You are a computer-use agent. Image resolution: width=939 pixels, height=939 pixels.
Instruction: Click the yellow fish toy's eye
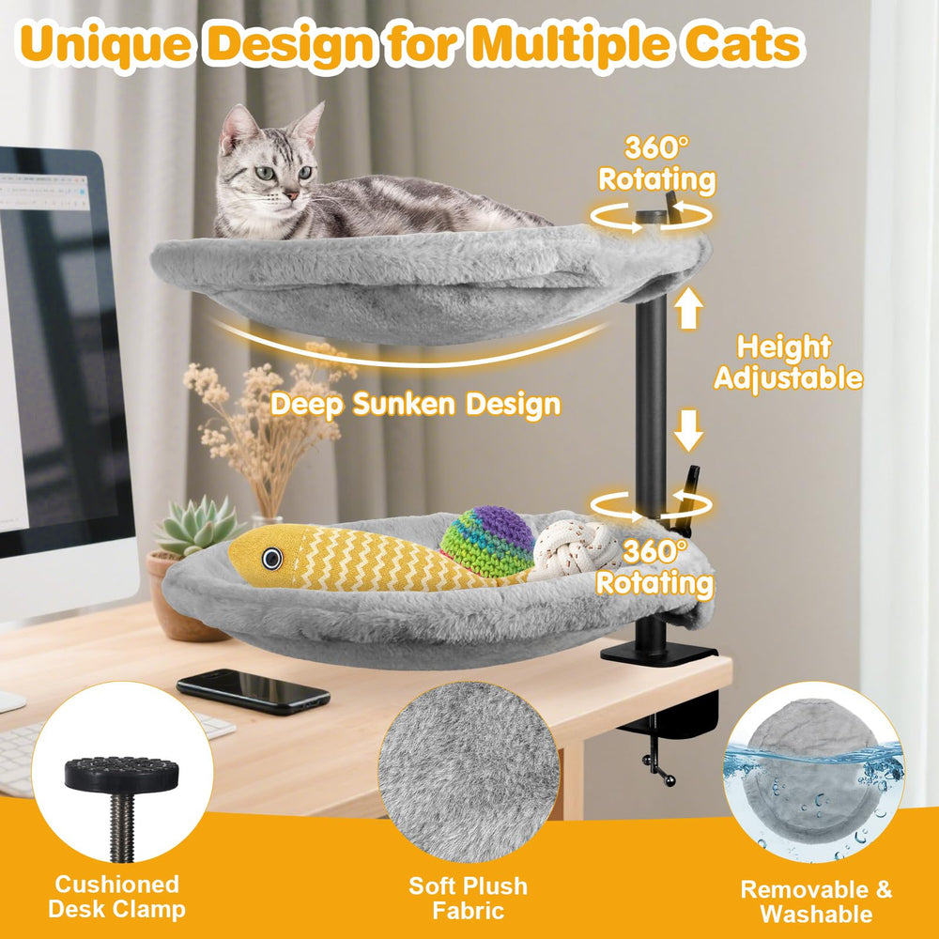tap(272, 559)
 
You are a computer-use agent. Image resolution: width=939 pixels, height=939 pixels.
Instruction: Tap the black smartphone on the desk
tap(253, 691)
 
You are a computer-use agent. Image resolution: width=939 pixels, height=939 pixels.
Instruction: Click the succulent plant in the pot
tap(196, 527)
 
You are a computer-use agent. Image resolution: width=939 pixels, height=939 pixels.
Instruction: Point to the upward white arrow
tap(688, 309)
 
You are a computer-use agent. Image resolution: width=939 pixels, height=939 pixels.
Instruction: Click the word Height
tap(784, 347)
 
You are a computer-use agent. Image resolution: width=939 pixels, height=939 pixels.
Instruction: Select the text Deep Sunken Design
tap(415, 405)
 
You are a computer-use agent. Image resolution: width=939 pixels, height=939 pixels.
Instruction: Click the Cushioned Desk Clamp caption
tap(116, 897)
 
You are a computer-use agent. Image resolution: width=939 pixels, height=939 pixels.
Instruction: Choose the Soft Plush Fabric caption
tap(469, 898)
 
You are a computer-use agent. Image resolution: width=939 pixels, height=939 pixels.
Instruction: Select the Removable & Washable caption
tap(816, 901)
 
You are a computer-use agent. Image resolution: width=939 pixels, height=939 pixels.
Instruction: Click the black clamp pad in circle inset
tap(121, 775)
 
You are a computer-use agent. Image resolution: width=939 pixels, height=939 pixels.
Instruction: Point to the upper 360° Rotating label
tap(656, 162)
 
